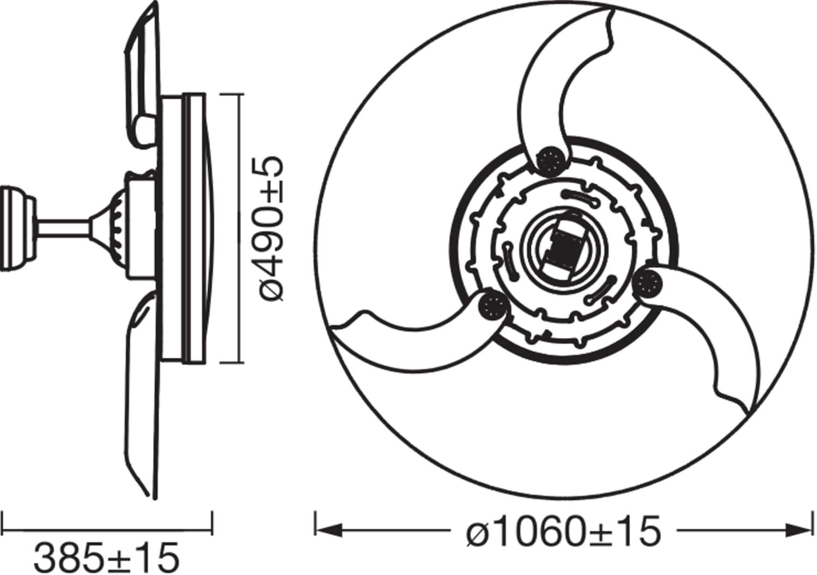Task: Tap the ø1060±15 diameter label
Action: point(563,531)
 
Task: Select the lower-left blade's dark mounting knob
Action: point(493,307)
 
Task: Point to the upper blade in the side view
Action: point(143,71)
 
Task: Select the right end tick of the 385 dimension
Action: point(211,522)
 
